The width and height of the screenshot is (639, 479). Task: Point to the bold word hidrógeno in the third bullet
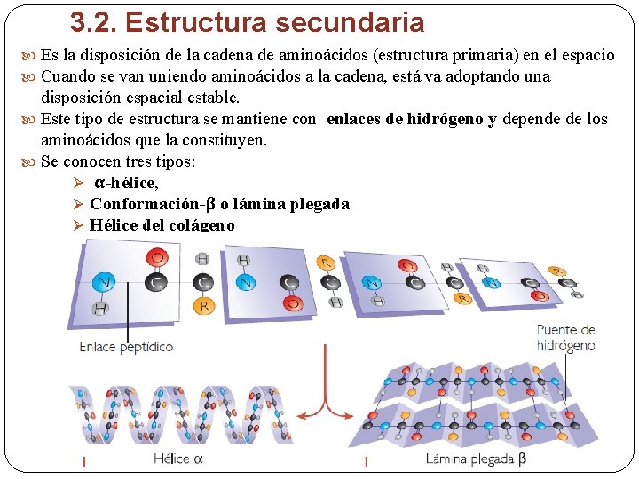pos(446,120)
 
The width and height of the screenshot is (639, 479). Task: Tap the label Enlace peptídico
pos(127,347)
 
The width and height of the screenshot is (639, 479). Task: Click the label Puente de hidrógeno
pos(565,337)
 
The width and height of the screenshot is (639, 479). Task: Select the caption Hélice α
pos(178,459)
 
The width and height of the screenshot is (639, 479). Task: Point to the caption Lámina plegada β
pos(476,459)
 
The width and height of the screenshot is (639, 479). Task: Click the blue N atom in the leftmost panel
pos(105,282)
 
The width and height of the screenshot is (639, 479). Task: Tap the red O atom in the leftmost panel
pos(158,258)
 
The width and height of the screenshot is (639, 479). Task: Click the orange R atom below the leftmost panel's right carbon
pos(204,307)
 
